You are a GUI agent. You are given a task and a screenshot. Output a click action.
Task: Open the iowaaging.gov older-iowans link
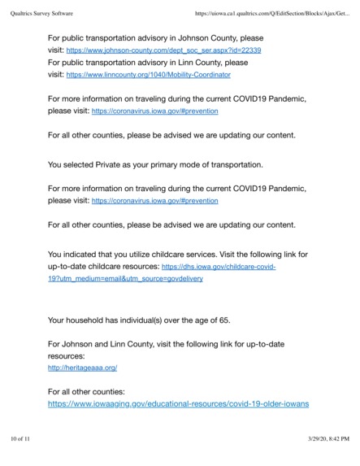click(x=178, y=403)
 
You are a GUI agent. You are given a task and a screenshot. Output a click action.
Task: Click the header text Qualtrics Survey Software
click(x=46, y=11)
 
